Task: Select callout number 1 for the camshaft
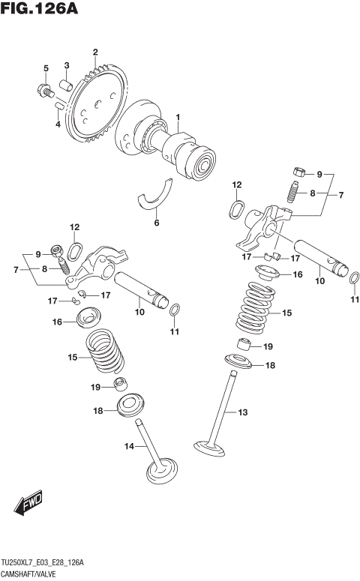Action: point(178,117)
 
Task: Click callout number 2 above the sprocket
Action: point(95,52)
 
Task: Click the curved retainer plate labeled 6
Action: point(154,193)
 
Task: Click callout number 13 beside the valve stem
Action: point(241,412)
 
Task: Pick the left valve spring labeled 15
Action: point(105,351)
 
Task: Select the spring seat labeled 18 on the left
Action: point(130,406)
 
